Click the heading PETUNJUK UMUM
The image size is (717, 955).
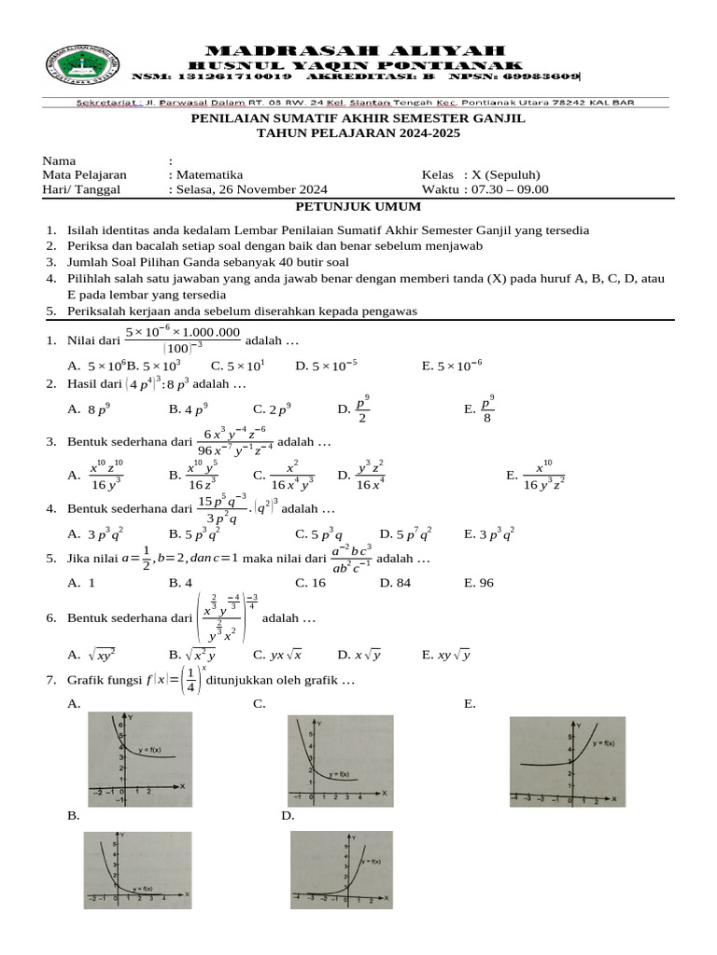point(358,206)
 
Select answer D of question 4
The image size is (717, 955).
point(405,534)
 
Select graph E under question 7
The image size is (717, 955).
point(567,761)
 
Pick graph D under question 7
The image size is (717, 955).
point(341,869)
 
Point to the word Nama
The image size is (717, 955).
point(59,160)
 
